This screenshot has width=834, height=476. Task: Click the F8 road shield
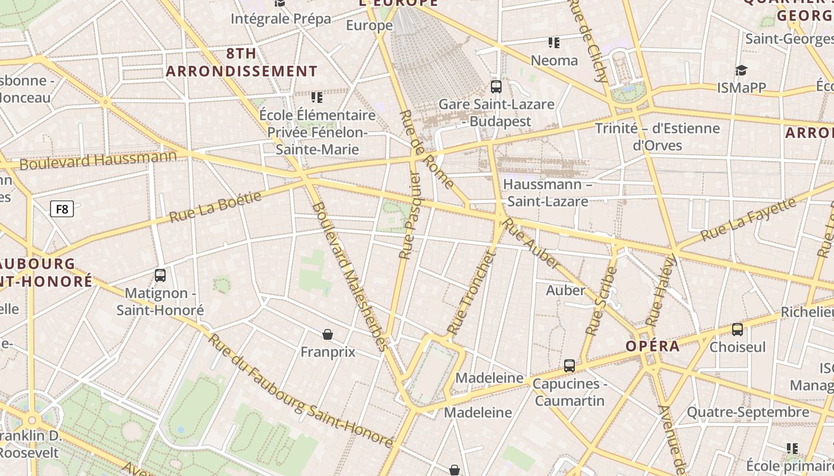tap(63, 209)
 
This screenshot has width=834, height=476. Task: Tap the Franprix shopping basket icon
tap(328, 334)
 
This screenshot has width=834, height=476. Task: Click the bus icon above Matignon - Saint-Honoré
tap(160, 275)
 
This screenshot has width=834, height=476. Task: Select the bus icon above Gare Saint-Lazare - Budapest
tap(496, 87)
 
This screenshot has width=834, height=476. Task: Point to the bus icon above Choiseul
tap(737, 329)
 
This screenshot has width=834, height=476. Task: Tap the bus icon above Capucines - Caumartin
tap(570, 365)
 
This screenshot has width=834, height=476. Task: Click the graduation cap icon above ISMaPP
tap(741, 70)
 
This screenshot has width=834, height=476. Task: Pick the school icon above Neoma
tap(554, 42)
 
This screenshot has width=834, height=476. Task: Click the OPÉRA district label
tap(652, 346)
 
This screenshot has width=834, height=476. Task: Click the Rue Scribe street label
tap(601, 300)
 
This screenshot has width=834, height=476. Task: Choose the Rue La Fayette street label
tap(748, 220)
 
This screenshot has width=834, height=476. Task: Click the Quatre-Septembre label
tap(748, 412)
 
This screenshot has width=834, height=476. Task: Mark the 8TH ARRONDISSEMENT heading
tap(242, 62)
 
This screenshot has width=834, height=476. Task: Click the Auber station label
tap(566, 290)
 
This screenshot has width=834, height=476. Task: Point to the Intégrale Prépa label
tap(281, 18)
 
